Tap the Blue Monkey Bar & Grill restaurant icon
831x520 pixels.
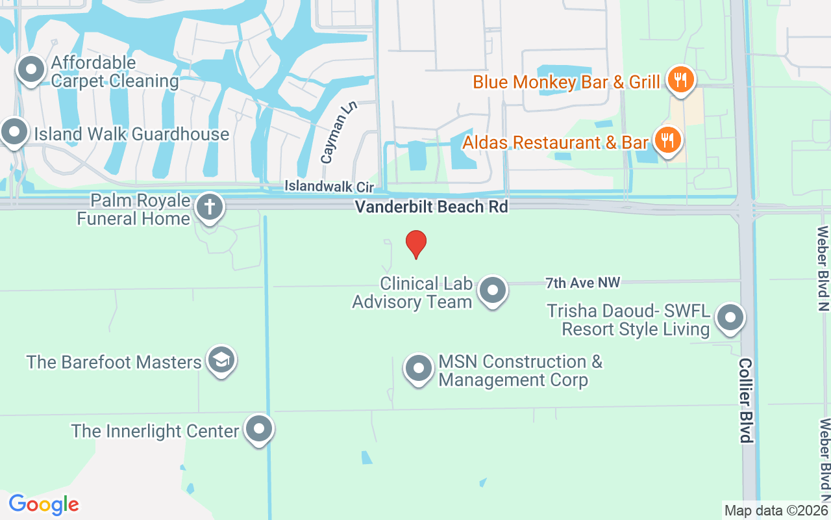(x=680, y=81)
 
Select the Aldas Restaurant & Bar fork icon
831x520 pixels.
(x=665, y=140)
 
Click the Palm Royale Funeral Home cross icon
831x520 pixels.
(x=209, y=207)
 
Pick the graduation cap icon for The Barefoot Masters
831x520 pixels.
(x=221, y=360)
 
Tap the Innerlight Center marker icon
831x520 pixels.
(x=259, y=429)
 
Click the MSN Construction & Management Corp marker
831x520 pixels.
(x=419, y=369)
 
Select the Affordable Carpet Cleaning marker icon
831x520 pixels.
(x=30, y=70)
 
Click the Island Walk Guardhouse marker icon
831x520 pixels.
(x=14, y=132)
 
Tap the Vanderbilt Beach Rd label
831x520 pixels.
(x=431, y=207)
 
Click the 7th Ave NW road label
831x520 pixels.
(x=582, y=283)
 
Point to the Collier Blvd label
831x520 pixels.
(x=747, y=400)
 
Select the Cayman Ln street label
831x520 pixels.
(x=330, y=140)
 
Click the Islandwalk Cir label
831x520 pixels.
(x=329, y=187)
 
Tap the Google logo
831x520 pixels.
(x=44, y=504)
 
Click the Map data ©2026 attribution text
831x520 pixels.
(x=776, y=510)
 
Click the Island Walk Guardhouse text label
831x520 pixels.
(x=132, y=135)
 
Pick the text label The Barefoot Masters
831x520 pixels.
(x=114, y=362)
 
